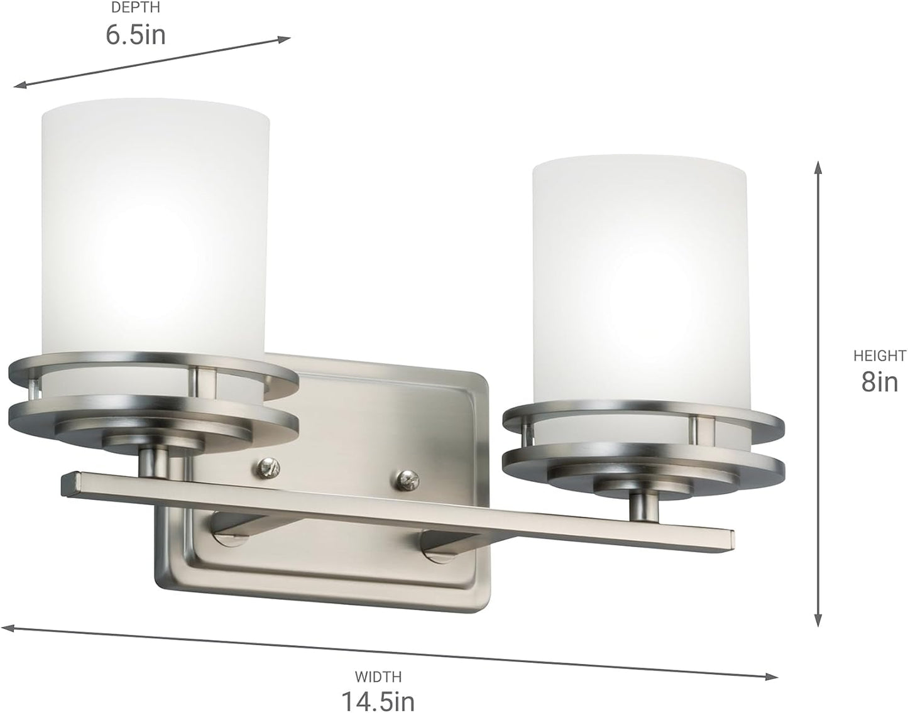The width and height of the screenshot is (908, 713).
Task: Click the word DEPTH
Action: point(135,8)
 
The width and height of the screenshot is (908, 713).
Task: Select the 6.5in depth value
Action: point(135,35)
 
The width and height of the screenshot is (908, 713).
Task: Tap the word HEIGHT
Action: point(879,356)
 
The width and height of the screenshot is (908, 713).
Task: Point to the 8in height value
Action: point(879,381)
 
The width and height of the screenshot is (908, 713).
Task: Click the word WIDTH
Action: point(378,677)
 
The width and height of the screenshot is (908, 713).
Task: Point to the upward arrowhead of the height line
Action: point(818,166)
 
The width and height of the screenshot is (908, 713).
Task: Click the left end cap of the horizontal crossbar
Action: point(68,484)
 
